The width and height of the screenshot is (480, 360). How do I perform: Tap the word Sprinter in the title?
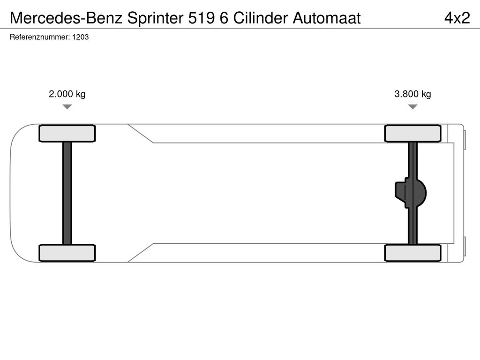click(155, 18)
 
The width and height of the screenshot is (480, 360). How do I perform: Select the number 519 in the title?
click(201, 18)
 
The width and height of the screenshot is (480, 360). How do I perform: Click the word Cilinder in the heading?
click(261, 18)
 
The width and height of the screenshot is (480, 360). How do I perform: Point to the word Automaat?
click(327, 18)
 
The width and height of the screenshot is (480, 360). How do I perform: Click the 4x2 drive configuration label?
click(457, 18)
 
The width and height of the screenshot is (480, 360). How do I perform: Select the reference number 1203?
click(81, 37)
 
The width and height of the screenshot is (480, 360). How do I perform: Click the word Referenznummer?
click(40, 37)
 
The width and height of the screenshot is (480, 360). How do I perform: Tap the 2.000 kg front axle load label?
click(67, 94)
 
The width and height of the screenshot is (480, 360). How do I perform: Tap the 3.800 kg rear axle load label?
click(412, 94)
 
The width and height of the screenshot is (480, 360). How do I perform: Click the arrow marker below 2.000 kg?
click(67, 106)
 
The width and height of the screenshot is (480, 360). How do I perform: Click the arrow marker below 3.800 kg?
click(412, 106)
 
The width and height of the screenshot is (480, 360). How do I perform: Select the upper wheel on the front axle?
click(67, 134)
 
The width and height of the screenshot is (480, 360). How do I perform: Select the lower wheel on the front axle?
click(67, 253)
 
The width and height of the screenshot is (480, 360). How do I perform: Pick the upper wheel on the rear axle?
click(412, 134)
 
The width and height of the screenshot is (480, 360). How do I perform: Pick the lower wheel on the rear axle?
click(412, 253)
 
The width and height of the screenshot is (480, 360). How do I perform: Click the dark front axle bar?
click(67, 193)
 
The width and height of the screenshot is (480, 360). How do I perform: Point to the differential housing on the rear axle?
click(411, 193)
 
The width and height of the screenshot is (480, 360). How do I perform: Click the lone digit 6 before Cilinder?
click(224, 18)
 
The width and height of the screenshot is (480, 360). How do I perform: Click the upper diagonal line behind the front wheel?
click(141, 134)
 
